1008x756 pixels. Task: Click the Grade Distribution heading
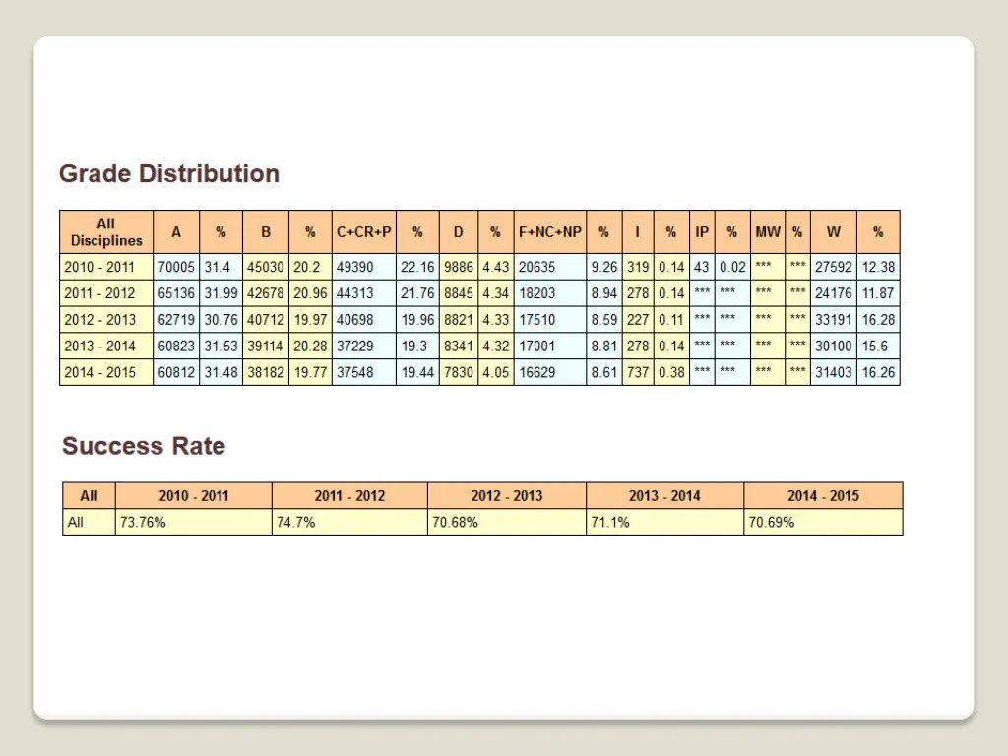[x=169, y=174]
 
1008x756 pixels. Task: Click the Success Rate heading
[x=144, y=446]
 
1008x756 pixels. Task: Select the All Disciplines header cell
[x=106, y=232]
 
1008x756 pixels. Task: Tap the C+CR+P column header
[x=364, y=232]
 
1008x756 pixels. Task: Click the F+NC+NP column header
[x=550, y=232]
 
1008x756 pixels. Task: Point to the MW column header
[x=768, y=232]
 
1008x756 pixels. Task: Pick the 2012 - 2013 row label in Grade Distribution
[x=99, y=320]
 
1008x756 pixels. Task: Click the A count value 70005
[x=176, y=267]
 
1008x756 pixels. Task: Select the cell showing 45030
[x=265, y=267]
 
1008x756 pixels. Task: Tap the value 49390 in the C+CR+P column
[x=355, y=267]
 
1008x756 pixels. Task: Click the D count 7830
[x=459, y=373]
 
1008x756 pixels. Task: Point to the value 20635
[x=536, y=267]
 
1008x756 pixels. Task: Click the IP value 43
[x=701, y=267]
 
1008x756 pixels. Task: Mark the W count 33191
[x=834, y=320]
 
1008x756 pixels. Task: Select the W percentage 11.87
[x=878, y=293]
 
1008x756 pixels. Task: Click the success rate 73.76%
[x=143, y=523]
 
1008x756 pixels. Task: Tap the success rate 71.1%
[x=609, y=523]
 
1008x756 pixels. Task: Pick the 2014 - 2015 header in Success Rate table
[x=823, y=496]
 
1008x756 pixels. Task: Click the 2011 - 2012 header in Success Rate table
[x=349, y=496]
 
